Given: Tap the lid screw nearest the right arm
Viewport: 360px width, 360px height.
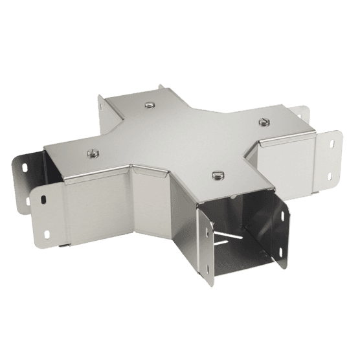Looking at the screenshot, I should click(264, 121).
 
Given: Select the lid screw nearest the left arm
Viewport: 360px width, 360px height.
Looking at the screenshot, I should click(91, 153).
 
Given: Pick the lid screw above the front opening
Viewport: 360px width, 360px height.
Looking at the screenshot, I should click(216, 175).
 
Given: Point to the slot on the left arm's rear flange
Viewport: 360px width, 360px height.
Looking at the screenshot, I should click(25, 168).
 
